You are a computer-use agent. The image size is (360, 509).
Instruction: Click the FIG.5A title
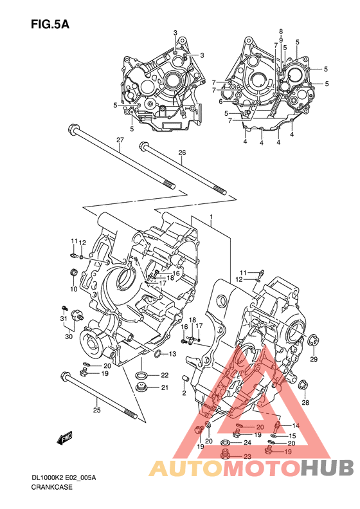pyautogui.click(x=50, y=24)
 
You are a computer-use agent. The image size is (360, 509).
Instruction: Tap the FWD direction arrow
pyautogui.click(x=64, y=438)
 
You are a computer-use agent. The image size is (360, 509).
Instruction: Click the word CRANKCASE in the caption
pyautogui.click(x=52, y=487)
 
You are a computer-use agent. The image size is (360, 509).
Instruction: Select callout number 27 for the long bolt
pyautogui.click(x=120, y=140)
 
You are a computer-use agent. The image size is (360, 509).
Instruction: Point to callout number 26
pyautogui.click(x=182, y=153)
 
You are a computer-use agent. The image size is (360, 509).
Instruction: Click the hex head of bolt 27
pyautogui.click(x=73, y=129)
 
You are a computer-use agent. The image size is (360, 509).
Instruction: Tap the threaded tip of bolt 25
pyautogui.click(x=131, y=414)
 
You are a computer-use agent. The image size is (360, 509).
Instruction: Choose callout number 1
pyautogui.click(x=211, y=217)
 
